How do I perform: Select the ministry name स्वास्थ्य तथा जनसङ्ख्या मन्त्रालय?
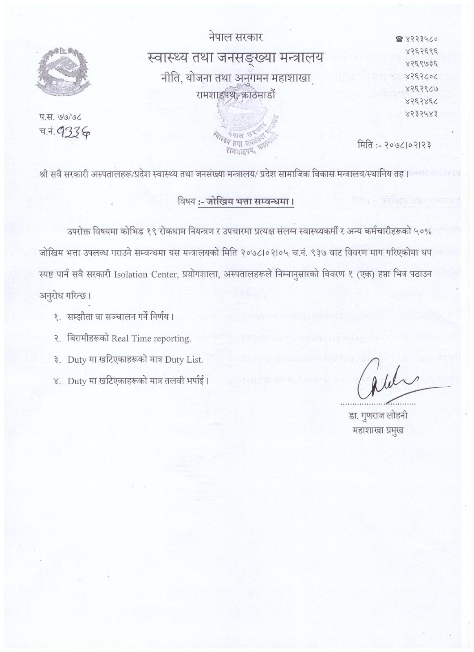tap(236, 58)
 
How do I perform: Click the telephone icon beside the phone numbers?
tap(398, 40)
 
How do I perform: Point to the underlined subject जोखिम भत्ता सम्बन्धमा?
tap(247, 201)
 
